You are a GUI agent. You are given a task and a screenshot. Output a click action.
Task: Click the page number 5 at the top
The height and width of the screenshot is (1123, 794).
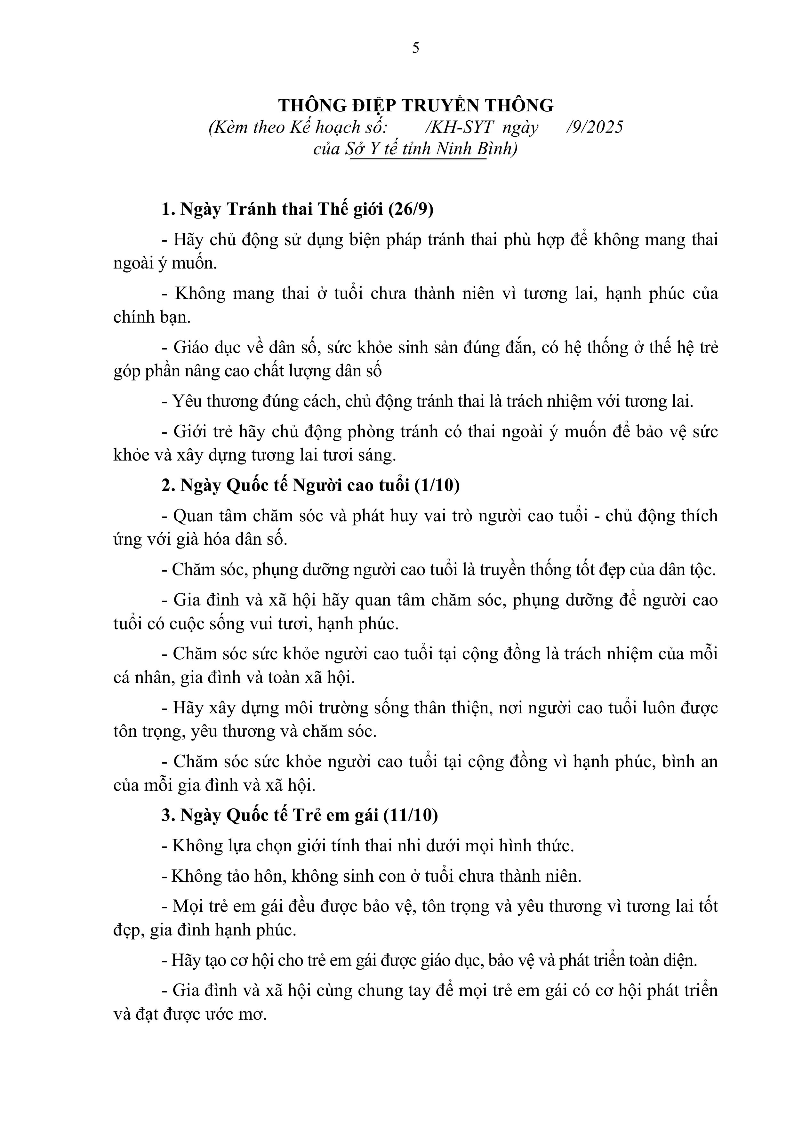[416, 48]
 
